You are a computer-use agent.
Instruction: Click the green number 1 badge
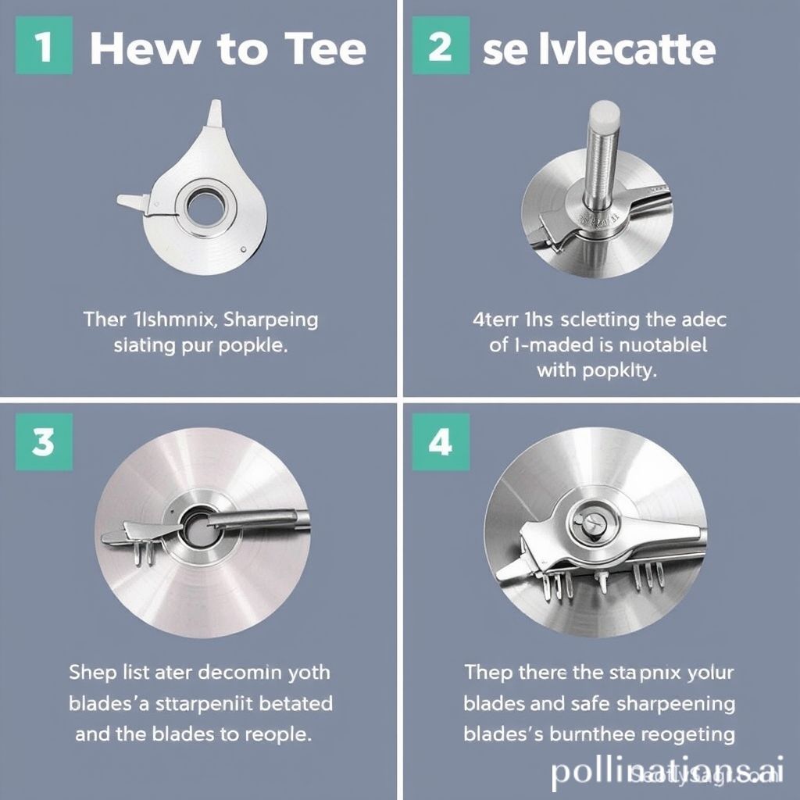[44, 48]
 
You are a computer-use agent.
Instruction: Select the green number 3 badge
[44, 442]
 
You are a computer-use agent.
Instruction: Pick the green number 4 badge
[440, 442]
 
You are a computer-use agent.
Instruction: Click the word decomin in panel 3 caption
[239, 672]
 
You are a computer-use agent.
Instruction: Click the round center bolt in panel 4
[587, 520]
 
